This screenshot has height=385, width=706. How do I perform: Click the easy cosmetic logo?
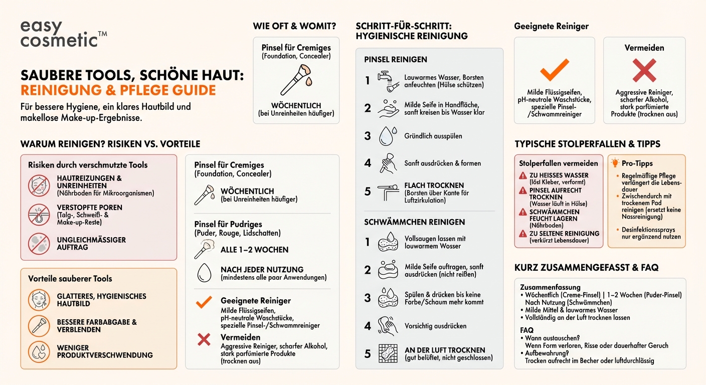click(x=60, y=34)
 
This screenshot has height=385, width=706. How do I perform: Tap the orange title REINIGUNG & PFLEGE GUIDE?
click(x=118, y=91)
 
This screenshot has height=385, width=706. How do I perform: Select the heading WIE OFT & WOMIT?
click(x=294, y=26)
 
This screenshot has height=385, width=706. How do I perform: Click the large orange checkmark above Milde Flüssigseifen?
click(x=554, y=70)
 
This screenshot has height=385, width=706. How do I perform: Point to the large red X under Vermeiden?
click(x=644, y=70)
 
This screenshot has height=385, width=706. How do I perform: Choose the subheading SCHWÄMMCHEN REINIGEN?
click(x=414, y=222)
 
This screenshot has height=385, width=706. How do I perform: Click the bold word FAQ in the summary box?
click(x=526, y=330)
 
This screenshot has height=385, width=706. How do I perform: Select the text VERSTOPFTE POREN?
click(x=89, y=208)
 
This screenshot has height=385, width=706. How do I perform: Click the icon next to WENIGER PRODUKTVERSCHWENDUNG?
click(x=39, y=351)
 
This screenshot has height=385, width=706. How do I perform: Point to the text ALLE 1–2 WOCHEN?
click(x=254, y=250)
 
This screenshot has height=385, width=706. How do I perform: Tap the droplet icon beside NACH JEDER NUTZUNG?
click(x=204, y=273)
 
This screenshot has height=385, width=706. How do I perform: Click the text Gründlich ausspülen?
click(x=433, y=136)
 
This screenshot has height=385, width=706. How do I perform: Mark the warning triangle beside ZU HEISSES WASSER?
click(x=523, y=175)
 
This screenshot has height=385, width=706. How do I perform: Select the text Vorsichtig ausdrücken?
click(x=435, y=326)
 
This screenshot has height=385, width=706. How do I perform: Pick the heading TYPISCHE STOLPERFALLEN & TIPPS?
click(x=587, y=144)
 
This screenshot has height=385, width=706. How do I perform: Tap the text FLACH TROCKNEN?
click(x=434, y=185)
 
